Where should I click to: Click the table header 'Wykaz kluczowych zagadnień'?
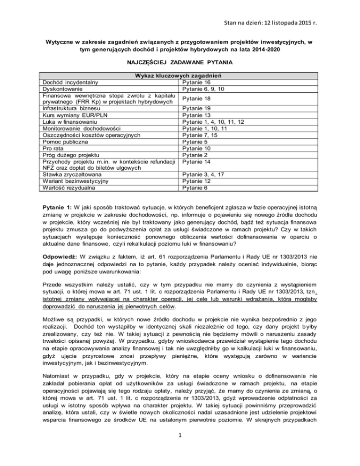pyautogui.click(x=180, y=76)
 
